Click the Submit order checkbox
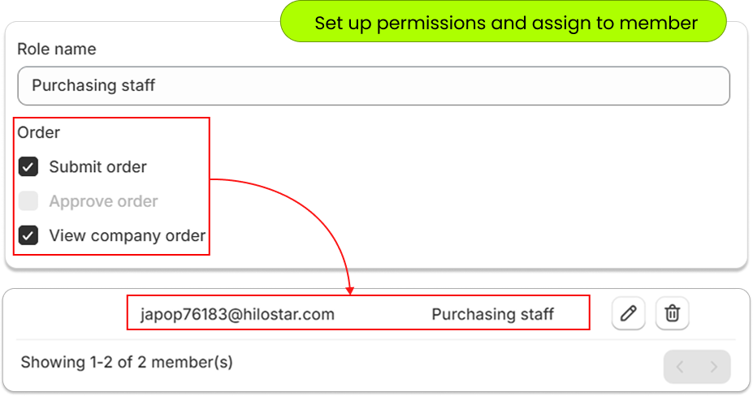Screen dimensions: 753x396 point(28,166)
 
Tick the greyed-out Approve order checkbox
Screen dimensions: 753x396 point(28,201)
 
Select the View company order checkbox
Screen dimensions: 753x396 point(28,235)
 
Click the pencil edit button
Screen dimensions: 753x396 point(628,313)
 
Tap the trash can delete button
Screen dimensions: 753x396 point(673,313)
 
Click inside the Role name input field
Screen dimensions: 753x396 point(374,86)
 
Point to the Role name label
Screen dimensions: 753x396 point(57,49)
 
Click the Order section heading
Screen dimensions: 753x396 point(38,132)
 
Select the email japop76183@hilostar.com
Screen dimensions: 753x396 point(237,314)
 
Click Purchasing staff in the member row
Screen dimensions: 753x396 point(493,314)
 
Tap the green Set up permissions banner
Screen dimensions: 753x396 point(504,22)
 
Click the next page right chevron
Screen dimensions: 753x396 point(714,368)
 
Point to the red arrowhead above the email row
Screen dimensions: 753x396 point(349,291)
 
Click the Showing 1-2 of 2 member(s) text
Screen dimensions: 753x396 point(127,362)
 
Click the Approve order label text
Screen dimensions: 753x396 point(103,201)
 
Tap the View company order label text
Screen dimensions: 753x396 point(128,235)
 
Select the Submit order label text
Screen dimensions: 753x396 point(98,166)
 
